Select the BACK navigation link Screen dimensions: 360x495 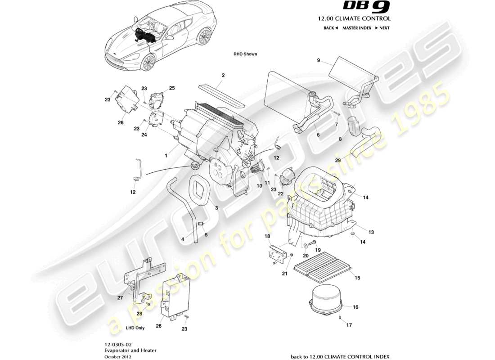point(330,28)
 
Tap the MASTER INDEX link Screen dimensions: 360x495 point(356,28)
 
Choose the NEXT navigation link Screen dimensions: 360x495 point(382,28)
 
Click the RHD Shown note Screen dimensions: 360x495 point(245,54)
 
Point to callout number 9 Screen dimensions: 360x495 point(319,61)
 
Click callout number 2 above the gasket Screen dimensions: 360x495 point(223,75)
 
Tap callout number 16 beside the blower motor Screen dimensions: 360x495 point(355,307)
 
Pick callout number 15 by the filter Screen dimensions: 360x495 point(358,278)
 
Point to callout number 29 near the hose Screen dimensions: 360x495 point(337,160)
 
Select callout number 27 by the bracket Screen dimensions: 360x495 point(120,298)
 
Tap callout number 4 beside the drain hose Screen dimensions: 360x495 point(183,240)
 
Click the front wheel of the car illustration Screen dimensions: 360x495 point(148,63)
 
